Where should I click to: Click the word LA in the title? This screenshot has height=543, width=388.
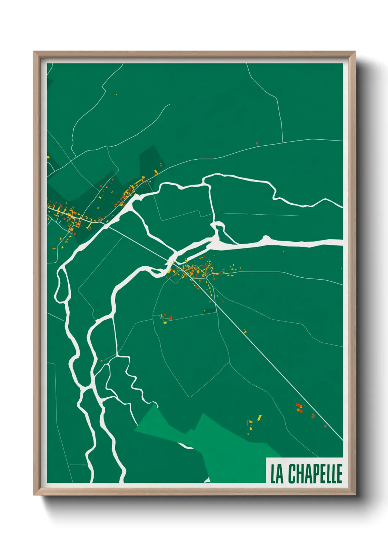point(277,474)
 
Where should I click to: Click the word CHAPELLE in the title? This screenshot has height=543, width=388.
point(315,474)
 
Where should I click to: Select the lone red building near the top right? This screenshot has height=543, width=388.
point(257,143)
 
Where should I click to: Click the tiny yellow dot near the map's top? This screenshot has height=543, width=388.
point(116,95)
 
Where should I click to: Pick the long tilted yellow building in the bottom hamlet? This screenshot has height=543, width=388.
point(260,418)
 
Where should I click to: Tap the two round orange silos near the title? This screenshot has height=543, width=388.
point(299,410)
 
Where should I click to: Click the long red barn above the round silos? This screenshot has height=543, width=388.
point(298,405)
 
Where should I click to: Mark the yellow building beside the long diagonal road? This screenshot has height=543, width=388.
point(245,331)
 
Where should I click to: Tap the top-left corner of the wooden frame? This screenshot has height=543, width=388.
point(34,52)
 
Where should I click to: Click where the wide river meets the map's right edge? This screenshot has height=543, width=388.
point(342,242)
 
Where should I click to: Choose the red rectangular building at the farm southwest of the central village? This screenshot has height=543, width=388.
point(171,318)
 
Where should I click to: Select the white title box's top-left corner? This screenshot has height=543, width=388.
point(266,458)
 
